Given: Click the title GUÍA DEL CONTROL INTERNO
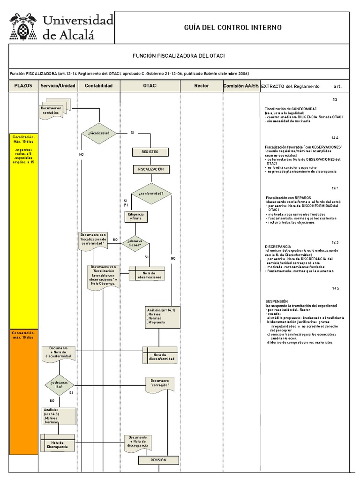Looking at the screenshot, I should click(x=232, y=28).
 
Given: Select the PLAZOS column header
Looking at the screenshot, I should click(x=23, y=86).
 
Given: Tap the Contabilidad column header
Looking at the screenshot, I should click(x=99, y=86).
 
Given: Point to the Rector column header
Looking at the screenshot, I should click(x=202, y=86).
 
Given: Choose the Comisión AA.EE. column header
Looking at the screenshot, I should click(x=241, y=86).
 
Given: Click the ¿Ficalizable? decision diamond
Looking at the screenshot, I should click(x=99, y=133).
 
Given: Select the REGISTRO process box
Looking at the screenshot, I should click(x=150, y=152).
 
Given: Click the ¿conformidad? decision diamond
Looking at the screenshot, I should click(x=151, y=193).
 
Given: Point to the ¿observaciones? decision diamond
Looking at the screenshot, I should click(x=135, y=243).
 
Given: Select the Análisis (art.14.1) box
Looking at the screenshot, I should click(x=162, y=317).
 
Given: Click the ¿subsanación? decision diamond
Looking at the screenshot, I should click(x=60, y=384).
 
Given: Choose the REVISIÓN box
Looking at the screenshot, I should click(x=158, y=460).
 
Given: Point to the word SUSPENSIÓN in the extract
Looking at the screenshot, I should click(x=277, y=301).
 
